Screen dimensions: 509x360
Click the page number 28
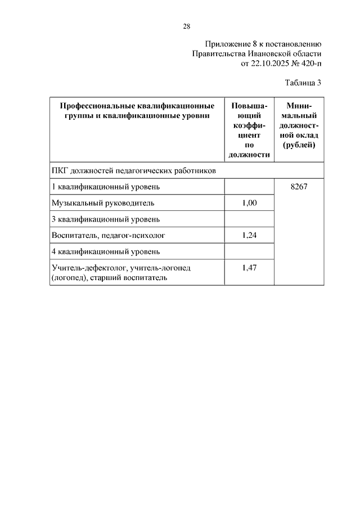[x=187, y=26]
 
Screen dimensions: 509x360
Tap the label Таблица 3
[x=303, y=83]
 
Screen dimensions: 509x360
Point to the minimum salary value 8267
[x=298, y=187]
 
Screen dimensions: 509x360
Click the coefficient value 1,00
[x=249, y=203]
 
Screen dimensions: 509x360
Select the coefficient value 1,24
[x=249, y=235]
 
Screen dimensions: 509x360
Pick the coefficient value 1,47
[x=249, y=268]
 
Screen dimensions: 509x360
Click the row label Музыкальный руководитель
[x=102, y=203]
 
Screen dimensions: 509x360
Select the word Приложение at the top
[x=227, y=43]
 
